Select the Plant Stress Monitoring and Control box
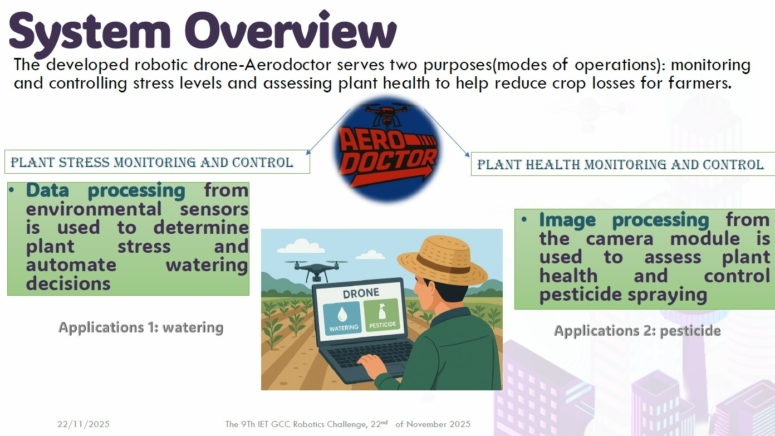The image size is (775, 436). (157, 161)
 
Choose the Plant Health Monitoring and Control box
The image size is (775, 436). (623, 164)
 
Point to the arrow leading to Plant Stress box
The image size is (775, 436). (328, 132)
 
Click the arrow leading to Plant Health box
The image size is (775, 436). (447, 133)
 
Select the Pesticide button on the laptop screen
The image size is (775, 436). (382, 315)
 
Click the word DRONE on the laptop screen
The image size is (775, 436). (361, 293)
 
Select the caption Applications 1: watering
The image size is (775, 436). (141, 327)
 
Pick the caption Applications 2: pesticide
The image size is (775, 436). (637, 330)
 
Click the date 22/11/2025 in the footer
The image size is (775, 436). (84, 424)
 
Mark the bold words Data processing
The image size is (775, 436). (106, 190)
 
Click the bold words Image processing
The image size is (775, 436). (624, 220)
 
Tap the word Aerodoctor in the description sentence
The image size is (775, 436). (288, 65)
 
